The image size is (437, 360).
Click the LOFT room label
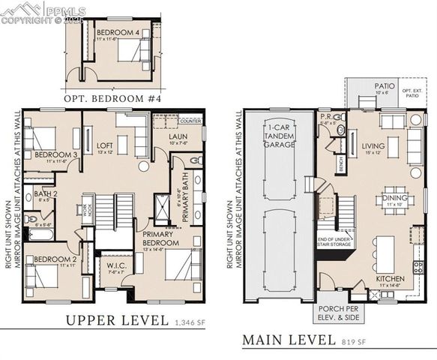104,145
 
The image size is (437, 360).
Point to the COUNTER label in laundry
191,121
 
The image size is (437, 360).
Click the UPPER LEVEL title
116,320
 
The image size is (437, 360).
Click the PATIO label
385,87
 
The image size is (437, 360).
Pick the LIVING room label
373,146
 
